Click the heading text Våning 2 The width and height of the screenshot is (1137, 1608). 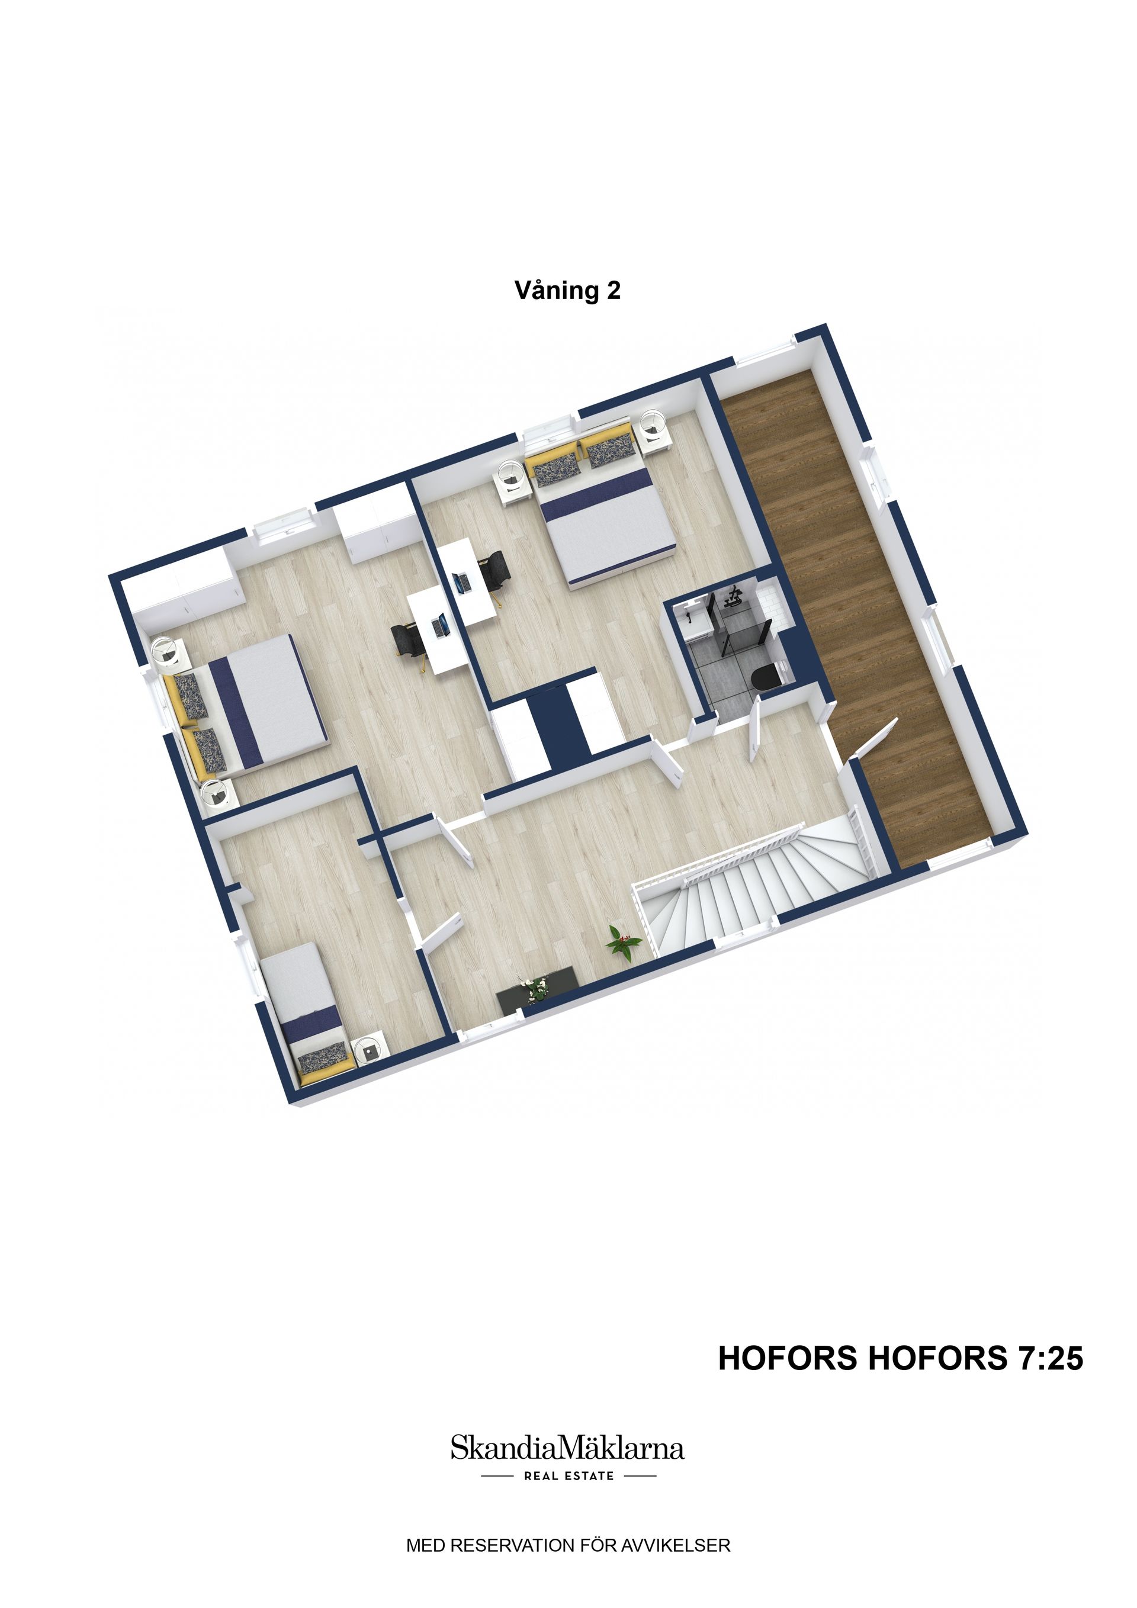click(567, 290)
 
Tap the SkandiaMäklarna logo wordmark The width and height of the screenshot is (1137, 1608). click(567, 1448)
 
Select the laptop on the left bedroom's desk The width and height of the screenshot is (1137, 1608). click(440, 625)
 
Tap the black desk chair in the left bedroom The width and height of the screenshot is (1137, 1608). click(406, 638)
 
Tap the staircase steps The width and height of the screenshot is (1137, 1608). click(735, 886)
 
